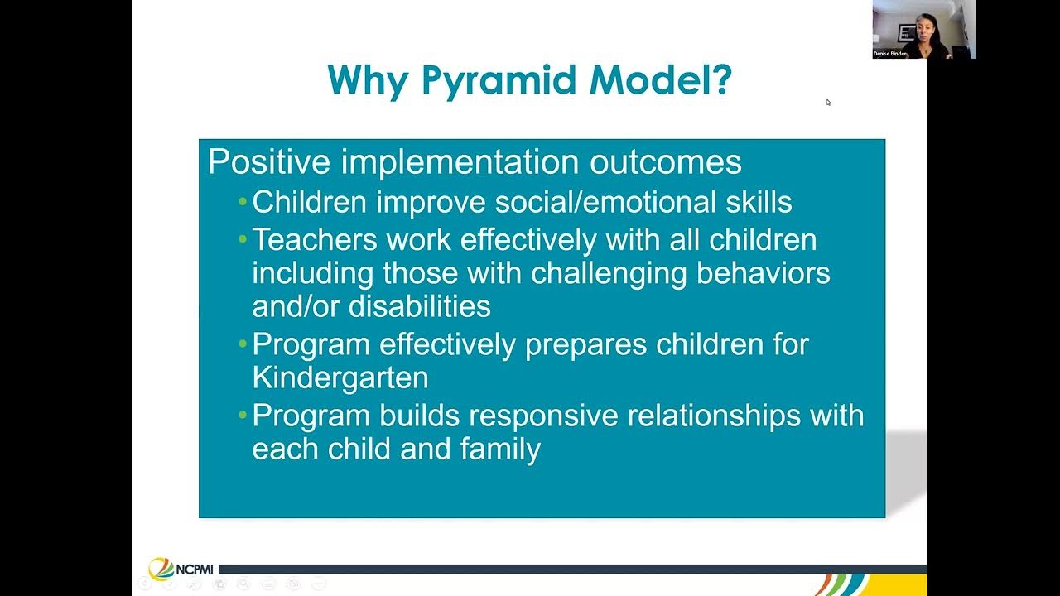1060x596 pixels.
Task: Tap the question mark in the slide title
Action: (720, 80)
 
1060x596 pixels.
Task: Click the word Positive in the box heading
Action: (268, 161)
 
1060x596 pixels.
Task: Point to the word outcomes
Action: (665, 161)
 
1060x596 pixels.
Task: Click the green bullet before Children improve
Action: (242, 202)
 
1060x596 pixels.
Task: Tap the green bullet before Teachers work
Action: (242, 239)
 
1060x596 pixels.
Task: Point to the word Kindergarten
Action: (340, 377)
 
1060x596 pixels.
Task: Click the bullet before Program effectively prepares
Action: (242, 344)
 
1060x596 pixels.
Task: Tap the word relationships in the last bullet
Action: (713, 415)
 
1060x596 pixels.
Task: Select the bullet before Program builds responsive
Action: (242, 415)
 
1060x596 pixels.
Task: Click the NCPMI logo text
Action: (194, 570)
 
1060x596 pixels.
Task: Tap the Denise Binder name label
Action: (890, 54)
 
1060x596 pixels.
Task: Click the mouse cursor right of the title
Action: (828, 102)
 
